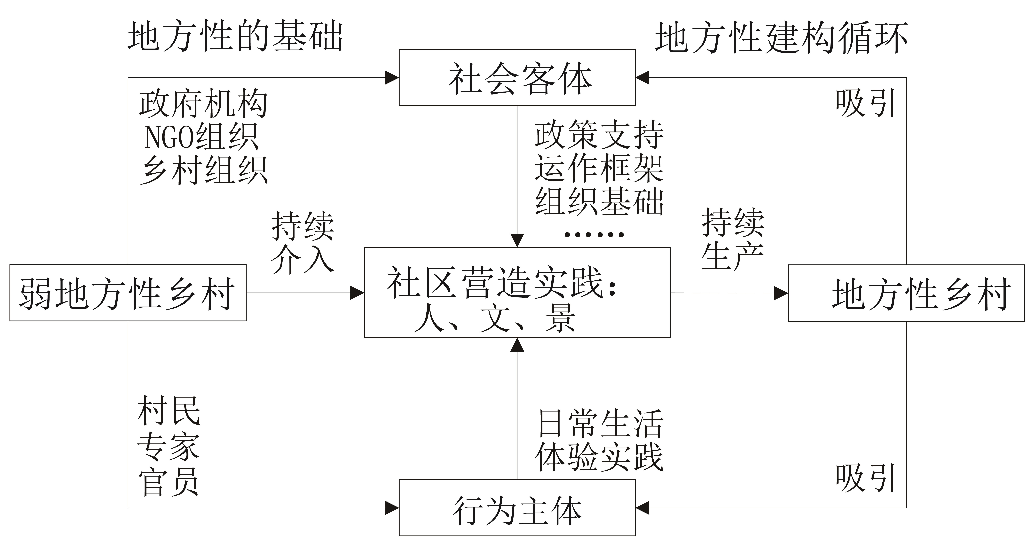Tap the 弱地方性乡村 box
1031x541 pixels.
pos(128,293)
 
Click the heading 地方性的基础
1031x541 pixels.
pos(235,37)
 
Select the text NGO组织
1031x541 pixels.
pos(201,137)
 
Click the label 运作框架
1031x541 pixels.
pos(599,168)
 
